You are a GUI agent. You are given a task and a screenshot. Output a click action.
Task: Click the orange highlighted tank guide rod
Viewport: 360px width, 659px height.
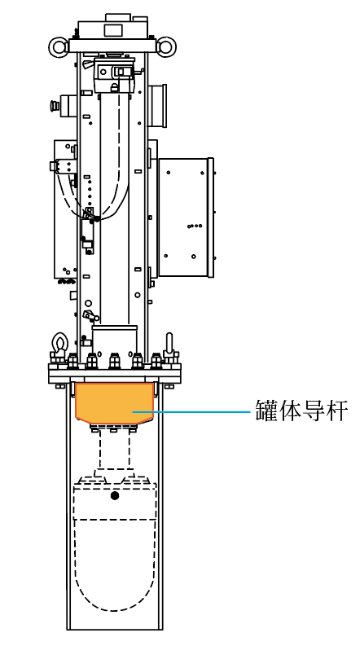114,402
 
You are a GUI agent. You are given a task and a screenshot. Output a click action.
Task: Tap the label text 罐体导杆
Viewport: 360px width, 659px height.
301,411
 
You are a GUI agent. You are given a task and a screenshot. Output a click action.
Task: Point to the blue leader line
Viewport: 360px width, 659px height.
191,412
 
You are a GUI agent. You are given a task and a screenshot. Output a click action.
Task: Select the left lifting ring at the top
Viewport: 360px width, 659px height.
59,46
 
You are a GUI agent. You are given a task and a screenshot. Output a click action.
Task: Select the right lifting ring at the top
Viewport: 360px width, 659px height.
166,46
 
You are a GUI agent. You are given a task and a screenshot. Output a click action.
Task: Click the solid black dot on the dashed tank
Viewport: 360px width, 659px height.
115,495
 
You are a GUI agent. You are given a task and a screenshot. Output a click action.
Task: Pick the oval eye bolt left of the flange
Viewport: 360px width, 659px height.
59,344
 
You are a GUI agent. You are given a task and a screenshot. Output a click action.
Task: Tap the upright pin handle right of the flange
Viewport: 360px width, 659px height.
169,345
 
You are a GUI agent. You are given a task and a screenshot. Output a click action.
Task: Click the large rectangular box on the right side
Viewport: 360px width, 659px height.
185,217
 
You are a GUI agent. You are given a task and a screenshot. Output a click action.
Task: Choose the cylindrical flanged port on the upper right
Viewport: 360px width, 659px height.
157,106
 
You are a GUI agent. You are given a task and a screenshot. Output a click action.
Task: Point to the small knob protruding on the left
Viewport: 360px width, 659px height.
53,105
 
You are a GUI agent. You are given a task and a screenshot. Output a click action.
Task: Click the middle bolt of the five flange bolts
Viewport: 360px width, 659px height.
114,361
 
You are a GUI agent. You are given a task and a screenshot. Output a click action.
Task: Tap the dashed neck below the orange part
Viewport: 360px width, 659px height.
115,450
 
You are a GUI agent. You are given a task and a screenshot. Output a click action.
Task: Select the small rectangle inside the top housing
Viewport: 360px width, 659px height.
112,30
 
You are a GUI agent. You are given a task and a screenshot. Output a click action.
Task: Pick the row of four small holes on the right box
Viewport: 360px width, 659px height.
195,226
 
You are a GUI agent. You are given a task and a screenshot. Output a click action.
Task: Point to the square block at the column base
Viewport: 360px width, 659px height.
115,341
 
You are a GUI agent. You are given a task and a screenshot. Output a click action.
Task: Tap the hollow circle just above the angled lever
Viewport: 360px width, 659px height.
88,302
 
